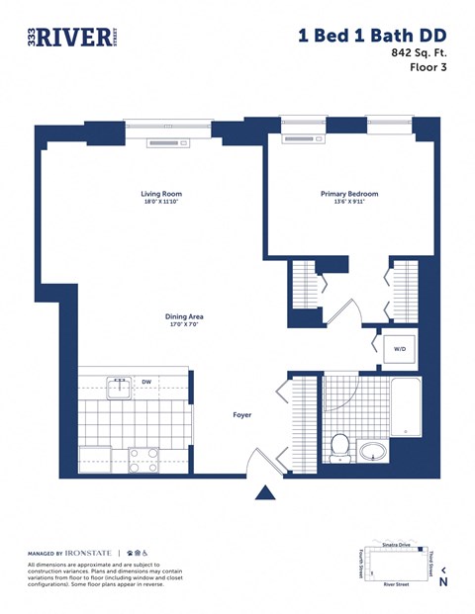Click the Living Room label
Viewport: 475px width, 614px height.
162,194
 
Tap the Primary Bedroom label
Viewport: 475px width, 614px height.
348,194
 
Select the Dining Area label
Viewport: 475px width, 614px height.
184,316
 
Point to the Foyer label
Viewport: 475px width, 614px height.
242,415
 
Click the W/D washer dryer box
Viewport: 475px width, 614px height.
399,349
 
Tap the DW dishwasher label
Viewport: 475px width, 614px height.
145,381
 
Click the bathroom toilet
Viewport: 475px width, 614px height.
340,447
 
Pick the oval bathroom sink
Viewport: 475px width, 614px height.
375,452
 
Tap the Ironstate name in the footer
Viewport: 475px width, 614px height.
90,553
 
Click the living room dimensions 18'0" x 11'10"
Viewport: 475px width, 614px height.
162,203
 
